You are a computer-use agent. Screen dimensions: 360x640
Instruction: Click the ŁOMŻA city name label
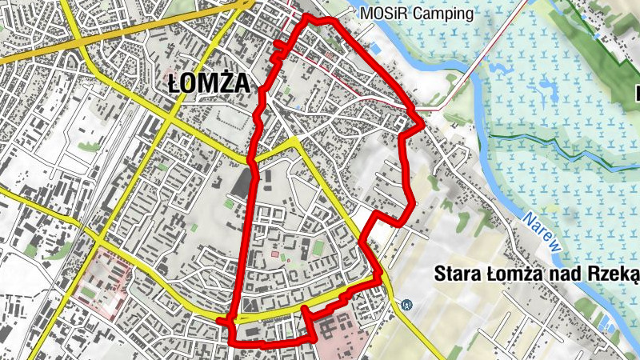click(x=210, y=82)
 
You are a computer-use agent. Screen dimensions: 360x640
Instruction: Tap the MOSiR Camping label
click(x=417, y=14)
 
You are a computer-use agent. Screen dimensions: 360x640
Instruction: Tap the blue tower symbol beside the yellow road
click(x=407, y=305)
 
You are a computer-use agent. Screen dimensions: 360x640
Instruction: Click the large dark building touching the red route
click(x=242, y=182)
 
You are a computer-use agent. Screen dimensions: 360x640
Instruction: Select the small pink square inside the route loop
click(x=275, y=254)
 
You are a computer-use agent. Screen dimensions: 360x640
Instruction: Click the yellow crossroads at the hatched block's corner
click(x=96, y=238)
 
